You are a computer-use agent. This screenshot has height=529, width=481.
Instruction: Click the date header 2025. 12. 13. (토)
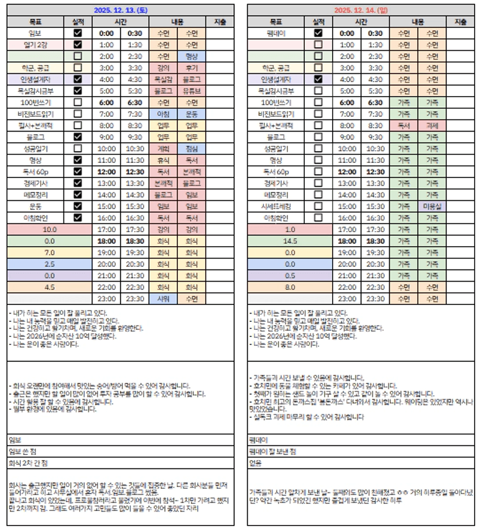[x=121, y=10]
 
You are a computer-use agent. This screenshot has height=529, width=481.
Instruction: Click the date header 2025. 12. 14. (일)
[x=361, y=10]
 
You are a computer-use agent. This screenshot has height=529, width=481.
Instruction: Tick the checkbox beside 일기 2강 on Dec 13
[x=77, y=45]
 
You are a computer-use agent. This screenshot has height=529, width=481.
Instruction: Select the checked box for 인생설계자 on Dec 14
[x=318, y=79]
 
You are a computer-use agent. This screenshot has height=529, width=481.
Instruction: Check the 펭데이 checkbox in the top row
[x=318, y=33]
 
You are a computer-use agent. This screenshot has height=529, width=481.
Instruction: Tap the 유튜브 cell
[x=191, y=91]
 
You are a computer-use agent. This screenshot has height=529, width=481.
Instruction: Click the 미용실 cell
[x=432, y=206]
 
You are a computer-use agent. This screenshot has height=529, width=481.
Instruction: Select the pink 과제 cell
[x=432, y=125]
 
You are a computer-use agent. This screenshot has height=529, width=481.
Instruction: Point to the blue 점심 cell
[x=191, y=148]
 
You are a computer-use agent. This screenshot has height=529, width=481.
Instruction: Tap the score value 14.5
[x=290, y=241]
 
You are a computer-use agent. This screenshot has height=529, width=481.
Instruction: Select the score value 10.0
[x=50, y=229]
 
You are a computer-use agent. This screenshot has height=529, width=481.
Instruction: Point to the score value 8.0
[x=290, y=287]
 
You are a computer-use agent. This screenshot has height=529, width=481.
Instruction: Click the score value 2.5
[x=50, y=264]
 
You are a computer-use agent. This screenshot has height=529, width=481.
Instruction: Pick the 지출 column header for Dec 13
[x=220, y=22]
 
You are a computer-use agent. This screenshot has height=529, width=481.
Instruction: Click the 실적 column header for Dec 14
[x=318, y=22]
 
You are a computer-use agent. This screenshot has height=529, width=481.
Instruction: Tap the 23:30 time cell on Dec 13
[x=134, y=299]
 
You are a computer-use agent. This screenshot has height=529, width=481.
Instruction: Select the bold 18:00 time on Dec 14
[x=347, y=241]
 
